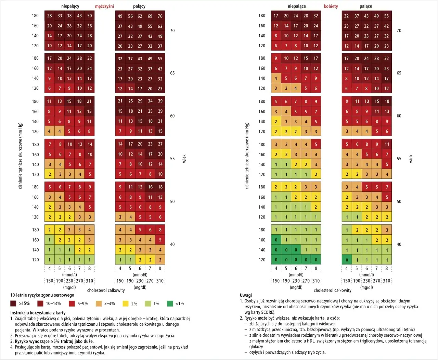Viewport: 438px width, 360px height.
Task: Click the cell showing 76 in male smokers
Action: point(160,16)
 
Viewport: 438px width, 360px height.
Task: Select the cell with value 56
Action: point(130,16)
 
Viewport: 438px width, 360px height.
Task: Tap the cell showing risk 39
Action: point(160,101)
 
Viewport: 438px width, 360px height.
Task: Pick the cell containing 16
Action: point(150,187)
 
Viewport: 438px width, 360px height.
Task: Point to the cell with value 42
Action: point(386,26)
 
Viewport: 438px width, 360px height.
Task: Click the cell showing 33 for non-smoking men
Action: point(60,16)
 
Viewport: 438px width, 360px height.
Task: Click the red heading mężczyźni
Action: point(104,6)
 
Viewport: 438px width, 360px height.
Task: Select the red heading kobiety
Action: point(331,6)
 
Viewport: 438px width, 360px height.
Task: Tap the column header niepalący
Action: point(70,6)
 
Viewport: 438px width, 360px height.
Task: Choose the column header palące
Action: point(366,6)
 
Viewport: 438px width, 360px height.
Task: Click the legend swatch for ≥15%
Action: point(13,303)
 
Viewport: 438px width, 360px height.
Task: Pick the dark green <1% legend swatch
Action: point(170,303)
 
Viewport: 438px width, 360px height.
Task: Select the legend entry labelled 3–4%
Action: point(99,303)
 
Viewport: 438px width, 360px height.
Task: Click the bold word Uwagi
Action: point(246,295)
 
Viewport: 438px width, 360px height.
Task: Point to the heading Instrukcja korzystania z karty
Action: point(38,312)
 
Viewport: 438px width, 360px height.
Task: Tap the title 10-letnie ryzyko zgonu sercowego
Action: point(42,295)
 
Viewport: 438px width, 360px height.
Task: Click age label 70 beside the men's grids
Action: point(172,30)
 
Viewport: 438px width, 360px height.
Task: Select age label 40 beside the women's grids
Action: point(399,244)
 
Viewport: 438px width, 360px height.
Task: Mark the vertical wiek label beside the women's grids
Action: point(411,159)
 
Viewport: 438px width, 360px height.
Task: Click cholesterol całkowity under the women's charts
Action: point(332,290)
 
